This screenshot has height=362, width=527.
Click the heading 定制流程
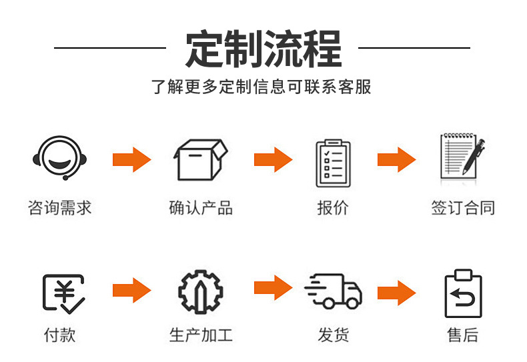(x=263, y=48)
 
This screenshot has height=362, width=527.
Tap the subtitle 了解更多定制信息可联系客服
(x=262, y=87)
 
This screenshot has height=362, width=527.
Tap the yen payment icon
(x=63, y=292)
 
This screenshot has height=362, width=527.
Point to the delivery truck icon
(x=333, y=291)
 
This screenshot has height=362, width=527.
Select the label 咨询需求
(x=59, y=207)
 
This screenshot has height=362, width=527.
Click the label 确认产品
(x=201, y=207)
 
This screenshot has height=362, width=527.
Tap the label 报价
(x=333, y=207)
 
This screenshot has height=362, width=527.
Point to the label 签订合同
(x=463, y=207)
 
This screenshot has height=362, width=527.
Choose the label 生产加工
(x=201, y=334)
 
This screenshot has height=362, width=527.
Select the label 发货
(x=333, y=334)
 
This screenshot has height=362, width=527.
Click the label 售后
(x=463, y=334)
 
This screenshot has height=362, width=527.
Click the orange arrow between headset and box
(x=131, y=160)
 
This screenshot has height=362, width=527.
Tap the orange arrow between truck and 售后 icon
(x=396, y=292)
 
